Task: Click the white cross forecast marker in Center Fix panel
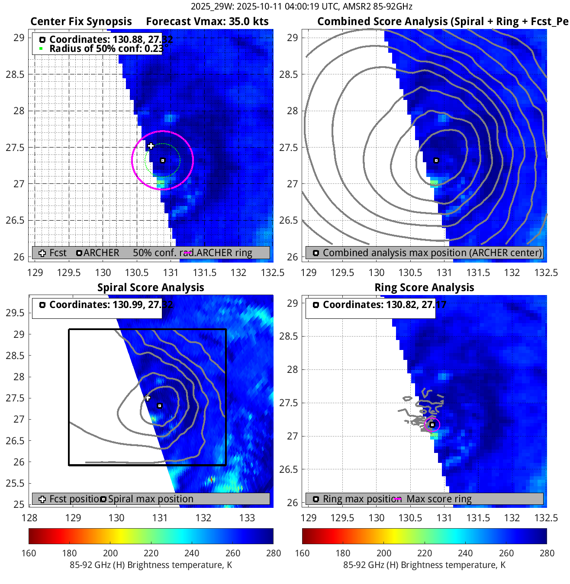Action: click(151, 146)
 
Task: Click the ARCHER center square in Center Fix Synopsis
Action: click(163, 160)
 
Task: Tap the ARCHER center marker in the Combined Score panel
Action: click(436, 160)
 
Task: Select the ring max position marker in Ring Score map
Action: click(432, 425)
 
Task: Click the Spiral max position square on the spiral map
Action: click(160, 406)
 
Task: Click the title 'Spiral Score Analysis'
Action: click(151, 288)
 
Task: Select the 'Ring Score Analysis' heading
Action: click(424, 288)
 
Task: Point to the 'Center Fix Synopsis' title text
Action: click(81, 22)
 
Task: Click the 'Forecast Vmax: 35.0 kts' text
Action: click(207, 22)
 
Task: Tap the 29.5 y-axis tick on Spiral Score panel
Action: click(15, 313)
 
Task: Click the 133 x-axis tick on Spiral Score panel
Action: click(247, 518)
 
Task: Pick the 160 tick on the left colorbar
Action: click(29, 553)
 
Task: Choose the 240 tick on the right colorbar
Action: click(465, 553)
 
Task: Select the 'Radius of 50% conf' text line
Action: click(106, 48)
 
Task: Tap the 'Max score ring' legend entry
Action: click(439, 499)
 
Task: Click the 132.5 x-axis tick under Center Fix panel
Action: click(273, 273)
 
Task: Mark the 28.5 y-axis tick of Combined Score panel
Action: click(288, 74)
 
